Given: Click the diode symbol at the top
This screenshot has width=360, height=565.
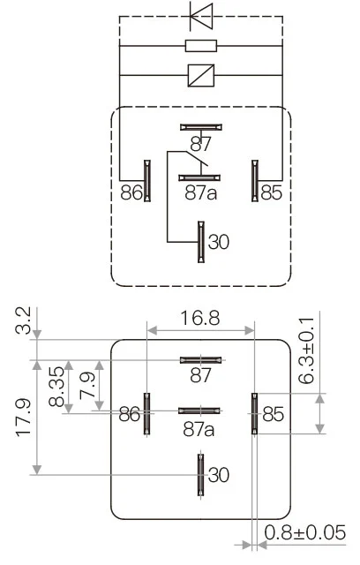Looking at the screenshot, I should tap(202, 15).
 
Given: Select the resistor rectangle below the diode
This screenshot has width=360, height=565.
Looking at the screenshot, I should tap(201, 45).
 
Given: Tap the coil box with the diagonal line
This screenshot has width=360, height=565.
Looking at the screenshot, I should tap(201, 74).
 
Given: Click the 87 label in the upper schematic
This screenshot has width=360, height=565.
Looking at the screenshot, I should tap(201, 143).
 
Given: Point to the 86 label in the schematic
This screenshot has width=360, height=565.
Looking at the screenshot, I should tap(131, 191).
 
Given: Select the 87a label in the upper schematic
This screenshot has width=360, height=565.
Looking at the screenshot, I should tap(200, 192).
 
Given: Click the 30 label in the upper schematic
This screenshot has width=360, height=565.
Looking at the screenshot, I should tap(218, 241).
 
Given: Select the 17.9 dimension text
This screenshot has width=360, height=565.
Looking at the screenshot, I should tap(24, 418).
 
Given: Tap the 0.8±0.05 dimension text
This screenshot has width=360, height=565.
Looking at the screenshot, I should tap(304, 533).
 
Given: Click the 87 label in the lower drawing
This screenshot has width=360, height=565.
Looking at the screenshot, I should tap(201, 375).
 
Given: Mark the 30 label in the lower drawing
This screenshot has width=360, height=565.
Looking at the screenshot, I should tap(218, 475).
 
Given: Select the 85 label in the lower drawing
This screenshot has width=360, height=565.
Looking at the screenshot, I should tap(273, 413).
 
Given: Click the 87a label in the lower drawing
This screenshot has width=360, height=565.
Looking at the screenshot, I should tap(199, 429).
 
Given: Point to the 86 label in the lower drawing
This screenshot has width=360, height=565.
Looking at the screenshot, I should tap(131, 413).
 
